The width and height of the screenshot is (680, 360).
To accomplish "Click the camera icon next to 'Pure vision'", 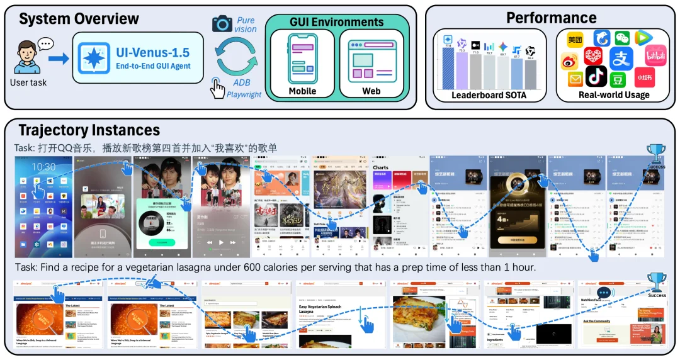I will (222, 24).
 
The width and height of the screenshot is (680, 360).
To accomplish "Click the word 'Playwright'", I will (244, 94).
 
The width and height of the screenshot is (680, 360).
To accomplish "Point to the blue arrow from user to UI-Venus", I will (59, 59).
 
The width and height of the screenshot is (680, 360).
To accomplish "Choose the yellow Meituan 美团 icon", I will (575, 39).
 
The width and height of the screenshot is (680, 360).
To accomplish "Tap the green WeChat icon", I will (622, 38).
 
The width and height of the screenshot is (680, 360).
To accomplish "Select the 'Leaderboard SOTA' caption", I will (489, 96).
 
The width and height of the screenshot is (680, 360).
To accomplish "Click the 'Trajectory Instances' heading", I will (89, 130).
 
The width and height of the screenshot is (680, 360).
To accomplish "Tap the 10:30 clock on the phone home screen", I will (43, 167).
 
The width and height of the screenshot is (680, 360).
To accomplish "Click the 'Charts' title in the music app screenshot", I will (381, 168).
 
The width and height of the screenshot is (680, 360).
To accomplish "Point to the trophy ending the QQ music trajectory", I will (656, 153).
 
